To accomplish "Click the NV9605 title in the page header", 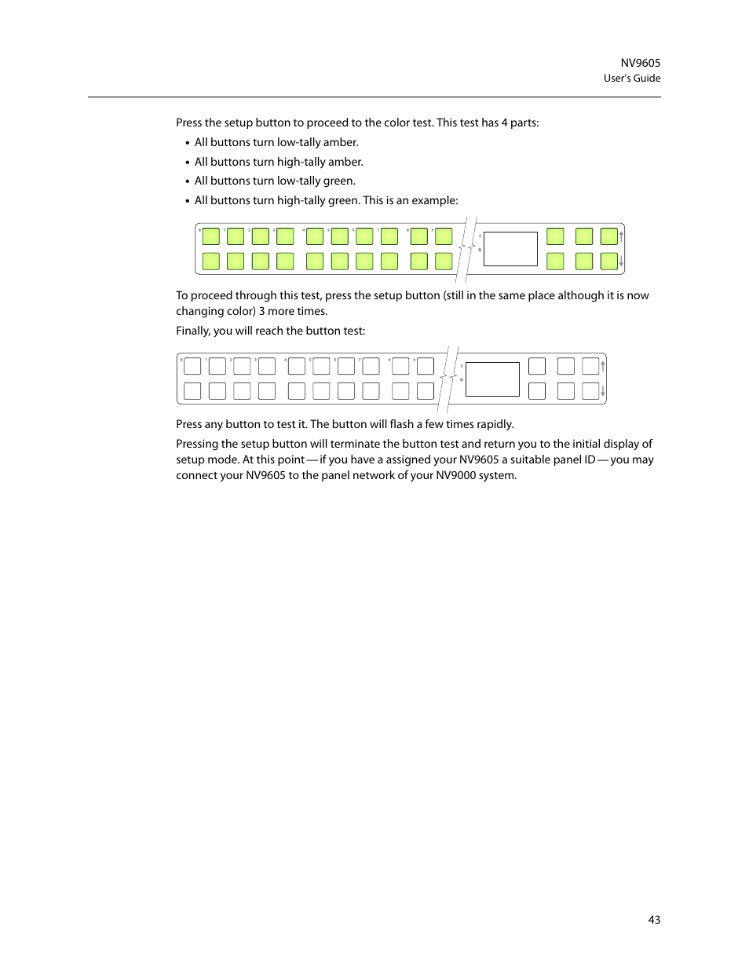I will [x=640, y=63].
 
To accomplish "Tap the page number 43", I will [x=654, y=920].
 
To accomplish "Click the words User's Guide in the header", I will [x=631, y=79].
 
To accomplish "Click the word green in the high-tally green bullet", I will [x=342, y=200].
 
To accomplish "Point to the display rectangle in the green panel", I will [x=510, y=249].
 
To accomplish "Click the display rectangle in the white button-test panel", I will [x=492, y=379].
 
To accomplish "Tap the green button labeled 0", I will [x=211, y=236].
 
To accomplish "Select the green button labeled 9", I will [x=444, y=236].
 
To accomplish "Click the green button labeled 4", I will [x=315, y=236].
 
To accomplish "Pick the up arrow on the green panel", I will [x=621, y=235].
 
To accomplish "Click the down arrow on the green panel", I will [x=621, y=262].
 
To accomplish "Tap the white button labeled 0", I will [x=192, y=366].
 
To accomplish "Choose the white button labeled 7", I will [x=371, y=366].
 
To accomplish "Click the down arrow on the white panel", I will [x=603, y=391].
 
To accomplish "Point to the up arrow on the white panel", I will [x=603, y=365].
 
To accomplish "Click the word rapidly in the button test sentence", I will [x=495, y=424].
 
